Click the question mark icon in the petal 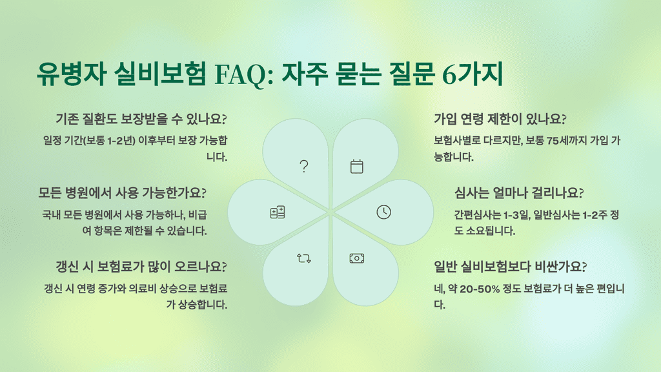tap(304, 167)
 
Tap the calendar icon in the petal tap(357, 167)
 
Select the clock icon tap(383, 212)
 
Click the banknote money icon tap(357, 258)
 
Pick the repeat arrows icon tap(304, 258)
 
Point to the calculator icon tap(278, 212)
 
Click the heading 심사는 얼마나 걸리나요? tap(519, 192)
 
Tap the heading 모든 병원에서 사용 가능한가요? tap(123, 192)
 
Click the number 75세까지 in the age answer tap(563, 140)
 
